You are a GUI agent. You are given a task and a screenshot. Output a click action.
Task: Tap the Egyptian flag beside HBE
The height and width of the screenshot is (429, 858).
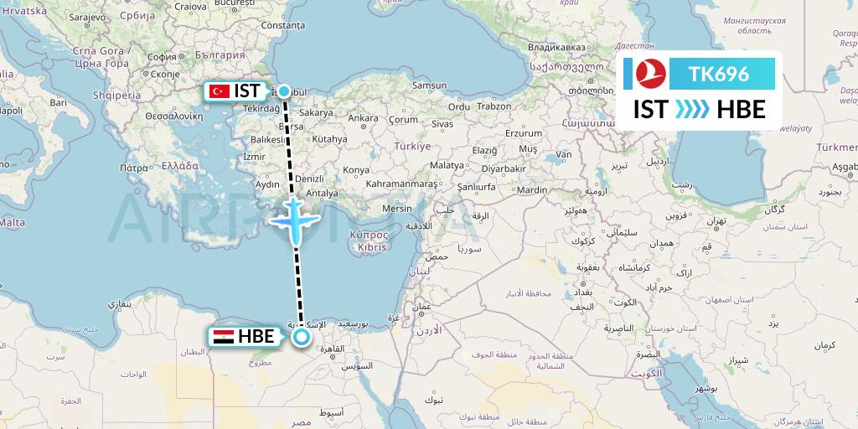click(x=223, y=337)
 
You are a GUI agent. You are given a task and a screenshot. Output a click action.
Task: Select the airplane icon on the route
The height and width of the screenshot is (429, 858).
click(x=294, y=220)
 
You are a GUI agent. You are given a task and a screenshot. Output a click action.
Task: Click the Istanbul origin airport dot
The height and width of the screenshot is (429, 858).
click(x=284, y=91)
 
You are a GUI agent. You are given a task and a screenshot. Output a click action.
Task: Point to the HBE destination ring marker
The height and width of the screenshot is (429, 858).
click(x=301, y=337)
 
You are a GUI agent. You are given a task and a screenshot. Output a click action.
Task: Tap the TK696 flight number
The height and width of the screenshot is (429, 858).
click(x=718, y=75)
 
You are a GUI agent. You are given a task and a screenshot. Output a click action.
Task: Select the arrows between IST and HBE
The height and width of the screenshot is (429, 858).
click(x=692, y=109)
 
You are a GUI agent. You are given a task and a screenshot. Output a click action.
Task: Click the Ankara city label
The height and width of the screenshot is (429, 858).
click(x=363, y=118)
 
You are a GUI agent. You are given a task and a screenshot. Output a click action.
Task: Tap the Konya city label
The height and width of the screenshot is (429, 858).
click(x=356, y=170)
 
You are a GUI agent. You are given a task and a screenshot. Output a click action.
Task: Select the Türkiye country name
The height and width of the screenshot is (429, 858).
click(x=412, y=146)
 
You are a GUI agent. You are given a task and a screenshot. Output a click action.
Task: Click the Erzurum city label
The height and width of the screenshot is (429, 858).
click(x=525, y=133)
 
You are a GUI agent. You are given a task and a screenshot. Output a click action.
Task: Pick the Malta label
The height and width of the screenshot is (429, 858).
click(x=12, y=222)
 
